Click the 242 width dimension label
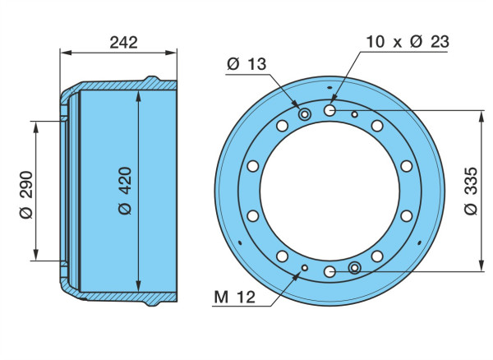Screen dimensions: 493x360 tap(123, 43)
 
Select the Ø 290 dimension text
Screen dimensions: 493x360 tap(26, 194)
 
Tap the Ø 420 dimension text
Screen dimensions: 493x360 tap(125, 191)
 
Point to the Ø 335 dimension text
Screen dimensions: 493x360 tap(471, 192)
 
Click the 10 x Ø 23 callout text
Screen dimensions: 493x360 tap(408, 42)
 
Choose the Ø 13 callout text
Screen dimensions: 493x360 tap(246, 64)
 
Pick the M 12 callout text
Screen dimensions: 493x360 tap(234, 297)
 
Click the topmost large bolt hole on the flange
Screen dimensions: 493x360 tap(329, 110)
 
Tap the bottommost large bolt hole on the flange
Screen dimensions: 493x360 tap(329, 271)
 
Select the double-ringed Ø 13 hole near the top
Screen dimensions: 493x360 tap(304, 114)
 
